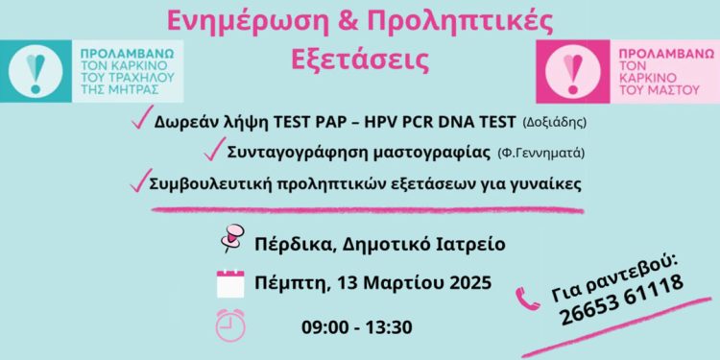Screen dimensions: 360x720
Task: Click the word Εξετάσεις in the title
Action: click(359, 57)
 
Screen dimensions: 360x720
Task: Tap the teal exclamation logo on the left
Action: click(36, 71)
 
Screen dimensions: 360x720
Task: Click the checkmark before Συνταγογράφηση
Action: click(214, 151)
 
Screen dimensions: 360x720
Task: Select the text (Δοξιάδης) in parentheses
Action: click(554, 124)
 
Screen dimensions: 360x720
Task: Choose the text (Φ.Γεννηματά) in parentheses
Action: click(542, 154)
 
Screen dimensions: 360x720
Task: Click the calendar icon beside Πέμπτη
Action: click(231, 284)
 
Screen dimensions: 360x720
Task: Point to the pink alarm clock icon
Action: click(231, 325)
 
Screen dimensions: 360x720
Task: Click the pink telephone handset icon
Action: click(529, 300)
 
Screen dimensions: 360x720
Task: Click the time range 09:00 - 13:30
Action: click(356, 327)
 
